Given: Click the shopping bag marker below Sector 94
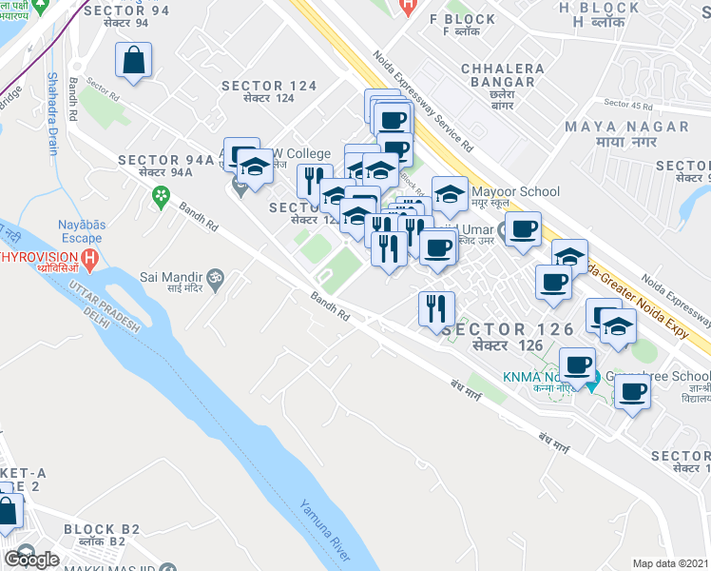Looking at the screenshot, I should pos(134,62).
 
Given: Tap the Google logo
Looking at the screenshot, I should pos(31,560).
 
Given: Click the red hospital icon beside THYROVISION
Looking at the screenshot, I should pos(89,258).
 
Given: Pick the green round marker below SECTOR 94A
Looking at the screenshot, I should pos(161,197).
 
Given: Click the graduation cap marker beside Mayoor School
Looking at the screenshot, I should pos(450,193).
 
